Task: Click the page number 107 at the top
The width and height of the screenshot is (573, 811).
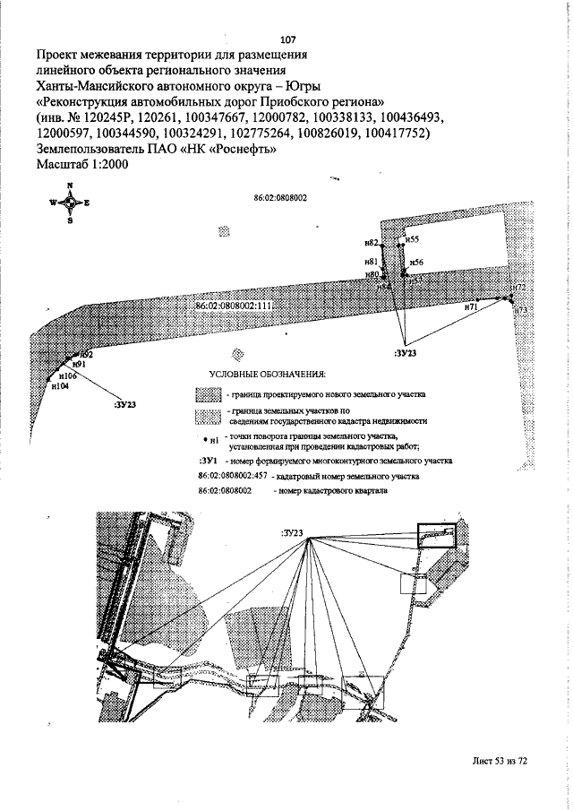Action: [x=288, y=39]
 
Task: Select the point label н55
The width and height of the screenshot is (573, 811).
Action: [x=413, y=239]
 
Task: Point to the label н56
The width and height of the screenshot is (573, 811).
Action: [x=417, y=263]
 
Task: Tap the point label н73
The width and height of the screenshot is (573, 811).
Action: [x=522, y=310]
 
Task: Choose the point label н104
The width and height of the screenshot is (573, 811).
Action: [x=60, y=386]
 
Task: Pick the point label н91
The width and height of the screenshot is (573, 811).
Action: [x=79, y=365]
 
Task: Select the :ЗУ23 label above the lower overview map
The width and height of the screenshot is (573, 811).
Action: [x=293, y=533]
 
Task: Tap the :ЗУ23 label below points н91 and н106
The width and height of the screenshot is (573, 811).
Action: [x=125, y=405]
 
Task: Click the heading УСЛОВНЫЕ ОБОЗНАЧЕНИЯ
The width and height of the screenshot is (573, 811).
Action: [x=266, y=373]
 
